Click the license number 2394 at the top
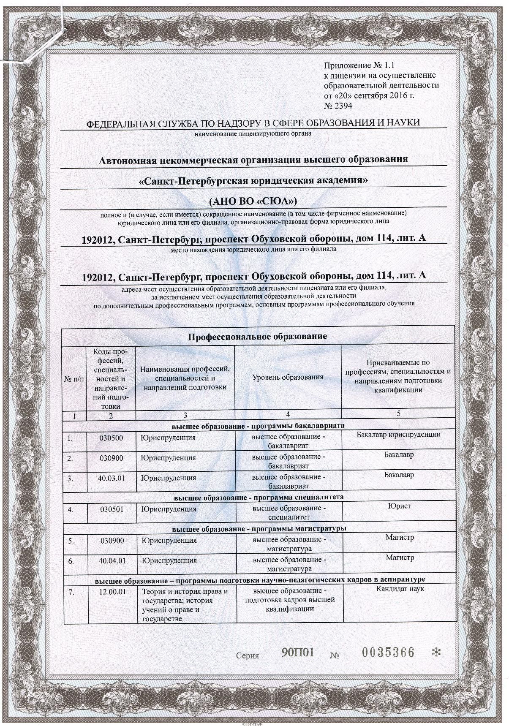(338, 106)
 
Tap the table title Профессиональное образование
(258, 337)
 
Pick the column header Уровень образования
(288, 377)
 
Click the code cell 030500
(112, 438)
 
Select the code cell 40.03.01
(112, 478)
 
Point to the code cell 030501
(112, 509)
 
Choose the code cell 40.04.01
(112, 560)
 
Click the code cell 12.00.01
(112, 592)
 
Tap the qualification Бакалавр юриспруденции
(398, 434)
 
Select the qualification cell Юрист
(399, 506)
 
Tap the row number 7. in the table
(71, 592)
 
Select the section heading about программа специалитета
(259, 497)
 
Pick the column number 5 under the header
(399, 413)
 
